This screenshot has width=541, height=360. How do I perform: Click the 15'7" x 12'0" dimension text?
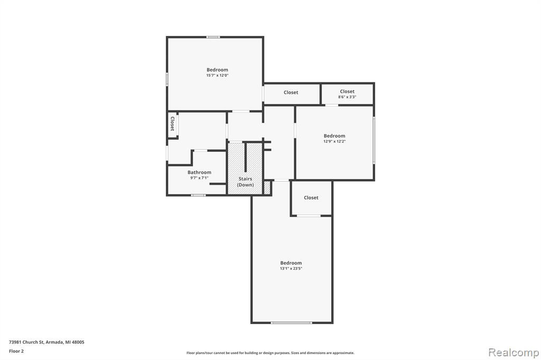pyautogui.click(x=217, y=75)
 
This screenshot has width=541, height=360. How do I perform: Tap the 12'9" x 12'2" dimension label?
pyautogui.click(x=334, y=141)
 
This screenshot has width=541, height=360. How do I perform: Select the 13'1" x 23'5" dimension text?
pyautogui.click(x=291, y=269)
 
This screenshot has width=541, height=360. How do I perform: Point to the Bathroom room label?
pyautogui.click(x=199, y=173)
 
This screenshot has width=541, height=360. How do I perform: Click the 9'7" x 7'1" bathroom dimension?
pyautogui.click(x=199, y=178)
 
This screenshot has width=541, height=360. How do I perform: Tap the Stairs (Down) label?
pyautogui.click(x=245, y=182)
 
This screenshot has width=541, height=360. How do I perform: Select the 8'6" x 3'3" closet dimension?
pyautogui.click(x=347, y=97)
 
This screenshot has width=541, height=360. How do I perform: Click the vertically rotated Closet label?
pyautogui.click(x=172, y=124)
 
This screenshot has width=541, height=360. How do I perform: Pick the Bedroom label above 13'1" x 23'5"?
pyautogui.click(x=291, y=263)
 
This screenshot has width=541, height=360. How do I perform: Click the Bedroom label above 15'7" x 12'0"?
pyautogui.click(x=217, y=70)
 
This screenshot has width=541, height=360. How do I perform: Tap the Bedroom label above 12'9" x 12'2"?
pyautogui.click(x=334, y=136)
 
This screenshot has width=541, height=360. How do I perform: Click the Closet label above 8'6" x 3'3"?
pyautogui.click(x=347, y=91)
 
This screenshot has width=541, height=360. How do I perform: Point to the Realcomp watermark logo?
pyautogui.click(x=514, y=353)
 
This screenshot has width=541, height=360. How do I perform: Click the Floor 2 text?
pyautogui.click(x=16, y=351)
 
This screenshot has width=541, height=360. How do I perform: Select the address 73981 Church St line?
pyautogui.click(x=46, y=342)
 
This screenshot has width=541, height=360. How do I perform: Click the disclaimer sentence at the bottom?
pyautogui.click(x=270, y=353)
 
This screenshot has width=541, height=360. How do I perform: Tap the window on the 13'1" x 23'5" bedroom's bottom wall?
pyautogui.click(x=292, y=323)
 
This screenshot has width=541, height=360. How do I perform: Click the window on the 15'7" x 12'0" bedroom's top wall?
pyautogui.click(x=213, y=37)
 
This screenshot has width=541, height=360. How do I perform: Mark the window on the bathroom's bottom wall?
pyautogui.click(x=199, y=195)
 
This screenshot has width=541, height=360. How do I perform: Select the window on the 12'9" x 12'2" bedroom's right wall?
pyautogui.click(x=374, y=140)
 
